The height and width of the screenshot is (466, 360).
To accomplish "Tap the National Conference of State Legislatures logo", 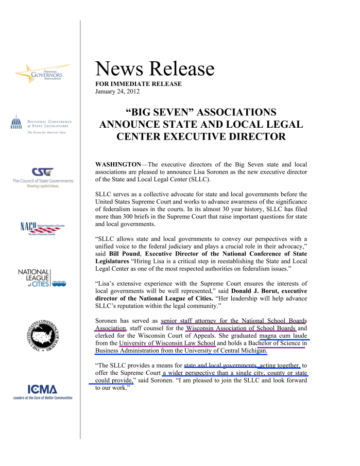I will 41,124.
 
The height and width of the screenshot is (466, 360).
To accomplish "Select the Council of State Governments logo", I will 43,178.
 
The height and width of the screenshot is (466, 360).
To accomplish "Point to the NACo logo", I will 41,227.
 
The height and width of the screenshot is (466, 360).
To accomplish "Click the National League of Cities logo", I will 41,278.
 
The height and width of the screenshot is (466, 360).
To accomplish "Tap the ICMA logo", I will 43,391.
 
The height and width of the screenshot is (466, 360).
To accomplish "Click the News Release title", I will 155,69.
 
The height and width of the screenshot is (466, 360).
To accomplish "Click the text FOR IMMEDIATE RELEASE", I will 139,84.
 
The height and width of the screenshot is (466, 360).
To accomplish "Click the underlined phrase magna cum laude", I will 284,335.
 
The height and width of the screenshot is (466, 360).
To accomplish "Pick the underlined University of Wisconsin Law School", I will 167,343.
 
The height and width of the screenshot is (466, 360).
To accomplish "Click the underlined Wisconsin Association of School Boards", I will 241,328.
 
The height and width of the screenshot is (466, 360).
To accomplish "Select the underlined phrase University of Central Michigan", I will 225,351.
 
